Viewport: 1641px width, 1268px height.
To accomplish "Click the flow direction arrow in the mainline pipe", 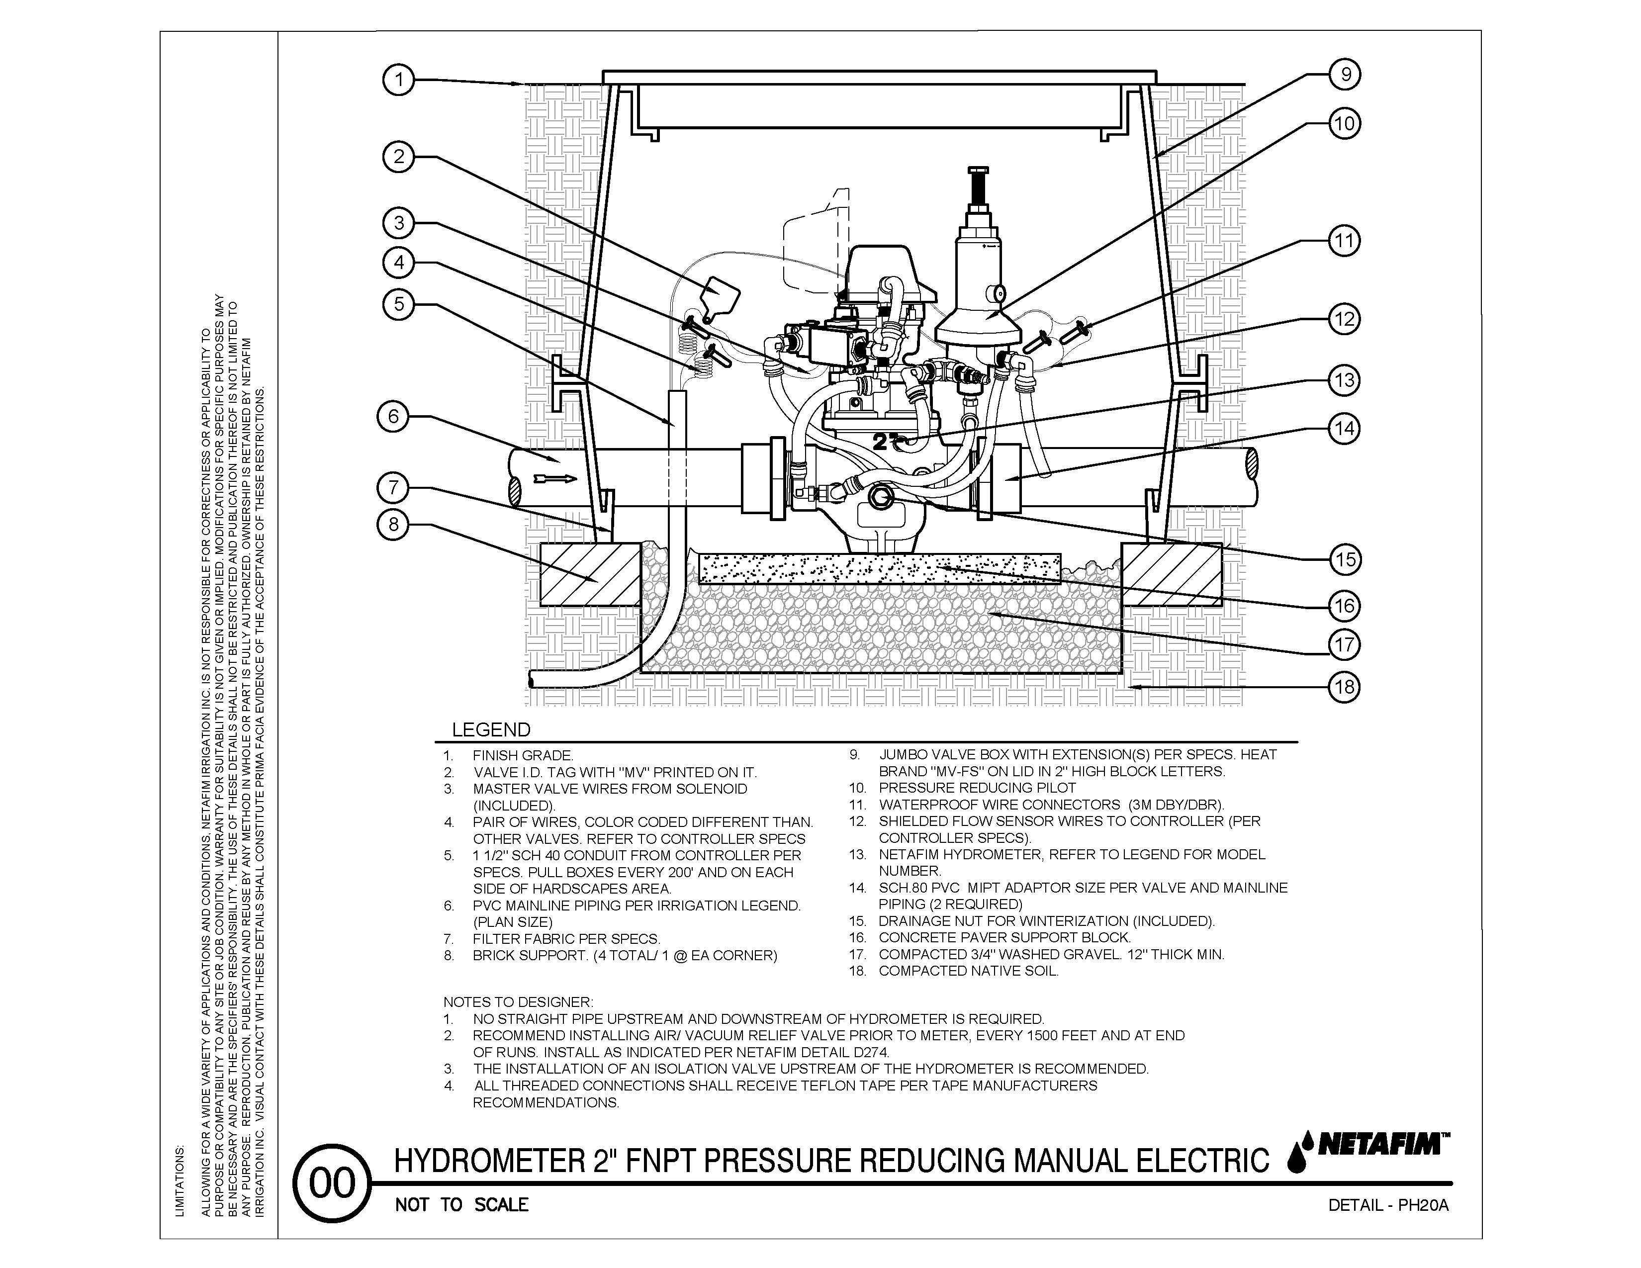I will click(x=554, y=478).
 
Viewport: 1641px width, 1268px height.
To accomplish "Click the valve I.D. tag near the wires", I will click(x=719, y=295).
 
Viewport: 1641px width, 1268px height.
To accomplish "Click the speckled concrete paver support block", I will click(x=879, y=569).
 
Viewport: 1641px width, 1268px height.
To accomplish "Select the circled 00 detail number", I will click(x=331, y=1184).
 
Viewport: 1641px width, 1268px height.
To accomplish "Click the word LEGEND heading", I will click(x=491, y=729).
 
